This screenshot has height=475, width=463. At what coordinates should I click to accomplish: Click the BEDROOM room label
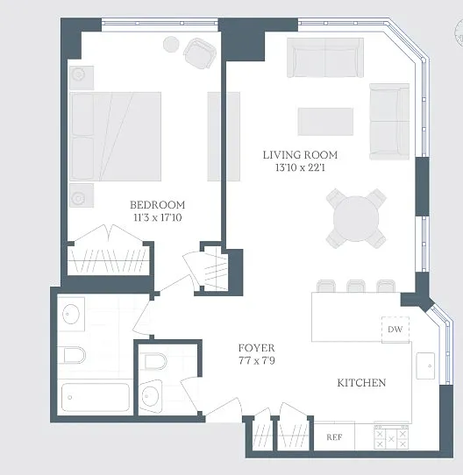click(157, 205)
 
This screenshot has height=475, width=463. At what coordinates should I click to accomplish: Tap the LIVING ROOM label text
click(300, 155)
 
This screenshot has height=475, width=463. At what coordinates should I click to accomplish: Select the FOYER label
click(257, 348)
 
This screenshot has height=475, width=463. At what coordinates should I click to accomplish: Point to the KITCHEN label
click(361, 383)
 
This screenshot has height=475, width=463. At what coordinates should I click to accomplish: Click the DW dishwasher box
click(395, 330)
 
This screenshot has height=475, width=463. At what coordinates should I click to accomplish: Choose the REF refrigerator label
click(334, 437)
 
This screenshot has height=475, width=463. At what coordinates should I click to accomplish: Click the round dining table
click(356, 218)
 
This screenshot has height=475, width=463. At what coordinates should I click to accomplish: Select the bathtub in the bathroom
click(96, 397)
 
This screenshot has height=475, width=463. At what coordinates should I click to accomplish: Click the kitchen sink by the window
click(425, 365)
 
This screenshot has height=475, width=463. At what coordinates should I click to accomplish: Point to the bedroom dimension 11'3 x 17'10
click(158, 217)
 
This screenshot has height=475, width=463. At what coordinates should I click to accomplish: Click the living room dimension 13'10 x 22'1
click(300, 167)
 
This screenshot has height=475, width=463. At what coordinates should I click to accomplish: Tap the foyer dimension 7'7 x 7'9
click(257, 360)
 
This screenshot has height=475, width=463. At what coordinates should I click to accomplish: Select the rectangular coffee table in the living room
click(325, 122)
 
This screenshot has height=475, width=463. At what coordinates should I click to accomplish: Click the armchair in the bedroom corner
click(200, 53)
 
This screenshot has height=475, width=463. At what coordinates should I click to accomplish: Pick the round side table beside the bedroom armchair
click(171, 44)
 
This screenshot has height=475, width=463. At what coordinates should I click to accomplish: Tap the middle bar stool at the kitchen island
click(356, 286)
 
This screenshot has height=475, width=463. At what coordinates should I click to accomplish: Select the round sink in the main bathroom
click(71, 314)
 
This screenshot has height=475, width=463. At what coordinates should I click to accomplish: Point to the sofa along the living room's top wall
click(325, 58)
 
